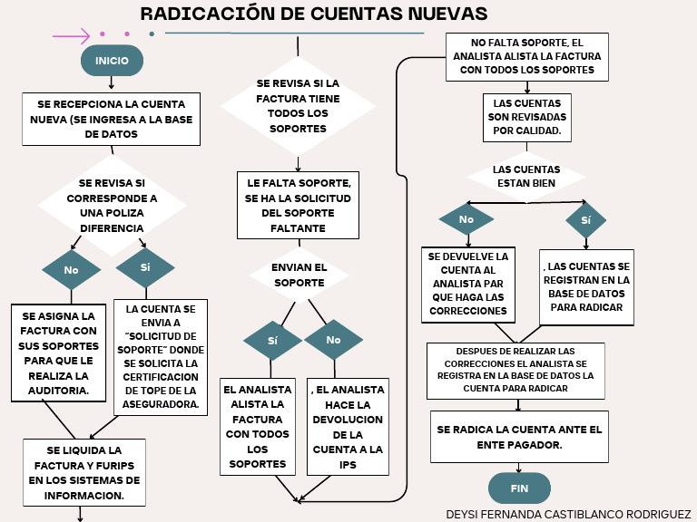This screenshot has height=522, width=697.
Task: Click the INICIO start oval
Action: point(112,61)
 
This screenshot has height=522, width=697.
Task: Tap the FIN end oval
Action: point(519,488)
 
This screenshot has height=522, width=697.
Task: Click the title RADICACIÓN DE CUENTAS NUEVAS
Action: point(314,14)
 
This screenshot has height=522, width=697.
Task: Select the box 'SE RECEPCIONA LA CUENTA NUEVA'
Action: point(112,119)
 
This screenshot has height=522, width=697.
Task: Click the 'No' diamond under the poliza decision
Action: point(71,269)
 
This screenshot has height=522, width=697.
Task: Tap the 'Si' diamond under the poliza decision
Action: point(145,267)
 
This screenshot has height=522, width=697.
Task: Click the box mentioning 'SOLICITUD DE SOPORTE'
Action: point(162,357)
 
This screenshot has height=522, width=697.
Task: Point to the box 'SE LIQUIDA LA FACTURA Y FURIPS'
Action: point(83,473)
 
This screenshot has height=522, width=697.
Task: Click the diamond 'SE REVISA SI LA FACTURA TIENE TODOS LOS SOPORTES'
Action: point(298,106)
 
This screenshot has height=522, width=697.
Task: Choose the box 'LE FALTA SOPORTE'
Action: point(298,206)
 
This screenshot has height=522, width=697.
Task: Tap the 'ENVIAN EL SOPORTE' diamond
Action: point(299,275)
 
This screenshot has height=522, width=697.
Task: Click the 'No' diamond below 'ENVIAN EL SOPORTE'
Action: point(333,340)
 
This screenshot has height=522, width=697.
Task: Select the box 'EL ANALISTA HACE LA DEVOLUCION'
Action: point(348,427)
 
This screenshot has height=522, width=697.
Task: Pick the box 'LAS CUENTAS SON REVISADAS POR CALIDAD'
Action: point(527,117)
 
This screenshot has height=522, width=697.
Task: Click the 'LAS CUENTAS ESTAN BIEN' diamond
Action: point(527,176)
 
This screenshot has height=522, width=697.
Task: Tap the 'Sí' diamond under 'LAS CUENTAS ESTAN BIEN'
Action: point(585,220)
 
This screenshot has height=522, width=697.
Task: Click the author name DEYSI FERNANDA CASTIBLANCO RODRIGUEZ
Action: point(568,514)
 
